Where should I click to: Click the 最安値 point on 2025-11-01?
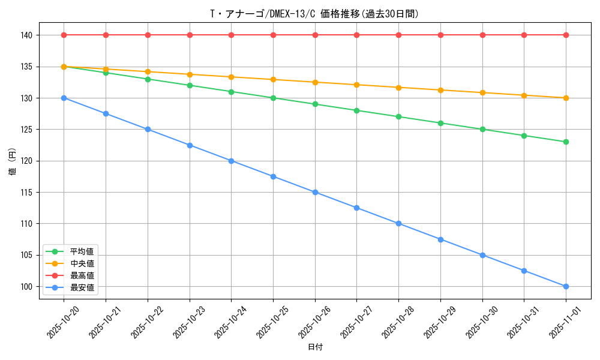pos(566,286)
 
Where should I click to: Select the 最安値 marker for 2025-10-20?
pos(64,98)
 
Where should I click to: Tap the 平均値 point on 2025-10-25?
pos(273,98)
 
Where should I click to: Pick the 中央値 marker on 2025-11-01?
pos(566,98)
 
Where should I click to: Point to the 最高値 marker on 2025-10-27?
pos(356,35)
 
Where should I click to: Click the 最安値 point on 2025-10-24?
pos(231,161)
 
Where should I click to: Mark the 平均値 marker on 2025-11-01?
pos(566,142)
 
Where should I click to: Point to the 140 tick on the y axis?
pos(26,35)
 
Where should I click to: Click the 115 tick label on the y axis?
pos(26,192)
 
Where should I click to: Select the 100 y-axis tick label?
pos(26,286)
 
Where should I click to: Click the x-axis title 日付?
pos(314,347)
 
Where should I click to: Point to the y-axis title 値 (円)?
pos(13,161)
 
